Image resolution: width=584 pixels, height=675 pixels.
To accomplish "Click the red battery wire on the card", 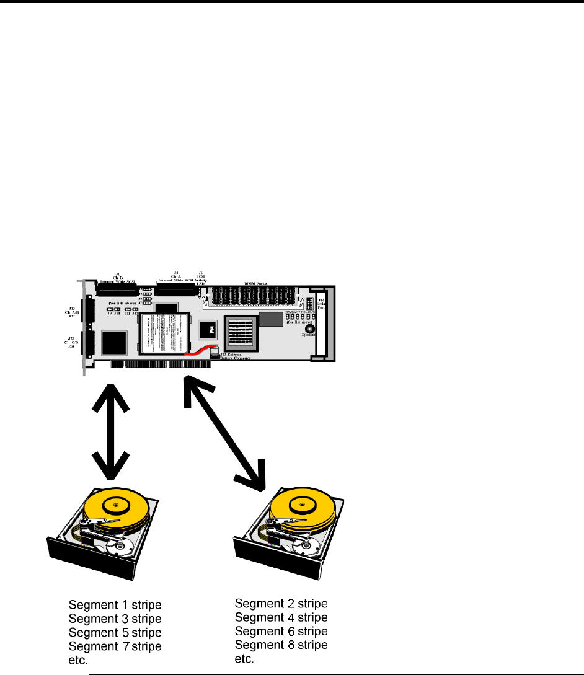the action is point(200,351).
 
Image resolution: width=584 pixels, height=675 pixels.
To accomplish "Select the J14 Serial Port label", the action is point(321,302).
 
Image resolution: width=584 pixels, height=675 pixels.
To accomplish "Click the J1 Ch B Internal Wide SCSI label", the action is point(117,276).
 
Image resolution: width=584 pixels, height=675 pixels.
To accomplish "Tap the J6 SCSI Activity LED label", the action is point(200,277).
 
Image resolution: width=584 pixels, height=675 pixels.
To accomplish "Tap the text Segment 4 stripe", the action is point(281,617).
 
